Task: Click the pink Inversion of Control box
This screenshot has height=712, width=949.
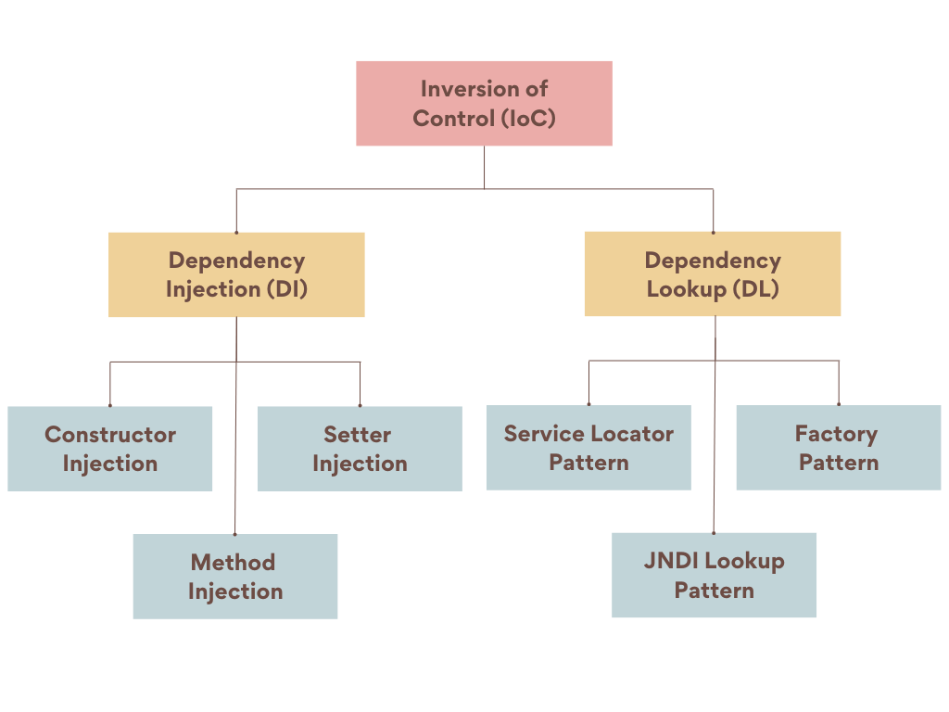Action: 484,103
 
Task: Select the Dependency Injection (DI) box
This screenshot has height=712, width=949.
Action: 236,274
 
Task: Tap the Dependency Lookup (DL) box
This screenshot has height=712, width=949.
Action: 712,274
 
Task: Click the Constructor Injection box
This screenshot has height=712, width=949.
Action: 110,449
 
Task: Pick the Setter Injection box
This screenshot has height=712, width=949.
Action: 359,449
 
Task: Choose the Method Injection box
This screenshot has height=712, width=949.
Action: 234,577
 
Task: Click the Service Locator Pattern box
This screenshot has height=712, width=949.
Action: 588,448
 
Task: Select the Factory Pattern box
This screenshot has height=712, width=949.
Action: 838,448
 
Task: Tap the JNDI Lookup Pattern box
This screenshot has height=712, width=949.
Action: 714,575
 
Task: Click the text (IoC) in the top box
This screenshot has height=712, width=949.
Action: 526,118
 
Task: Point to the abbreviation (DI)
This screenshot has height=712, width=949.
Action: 287,289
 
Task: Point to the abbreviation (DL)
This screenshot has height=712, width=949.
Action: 755,289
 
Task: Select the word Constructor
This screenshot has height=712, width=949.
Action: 110,435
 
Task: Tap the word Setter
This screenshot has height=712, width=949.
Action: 358,435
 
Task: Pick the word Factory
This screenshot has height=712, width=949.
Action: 836,434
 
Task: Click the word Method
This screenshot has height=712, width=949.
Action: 233,563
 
